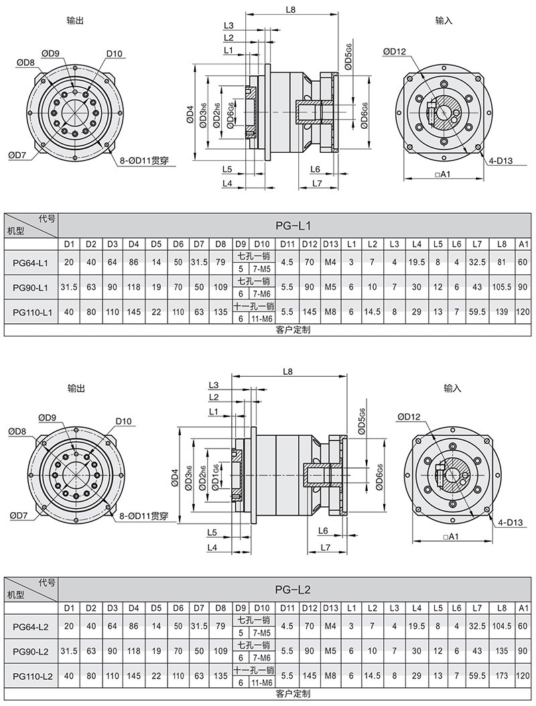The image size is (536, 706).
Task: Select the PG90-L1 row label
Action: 30,288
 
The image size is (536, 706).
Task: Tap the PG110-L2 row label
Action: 30,677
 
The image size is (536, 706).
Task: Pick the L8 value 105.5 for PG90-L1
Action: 501,288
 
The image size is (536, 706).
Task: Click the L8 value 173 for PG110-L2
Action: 501,677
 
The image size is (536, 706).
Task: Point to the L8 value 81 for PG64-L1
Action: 501,262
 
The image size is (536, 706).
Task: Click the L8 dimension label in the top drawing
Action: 290,10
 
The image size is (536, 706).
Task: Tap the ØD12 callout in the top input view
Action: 395,52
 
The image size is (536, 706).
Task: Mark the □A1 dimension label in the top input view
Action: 442,174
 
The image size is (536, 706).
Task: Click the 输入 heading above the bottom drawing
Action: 452,388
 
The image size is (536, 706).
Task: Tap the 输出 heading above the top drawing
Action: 76,21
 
